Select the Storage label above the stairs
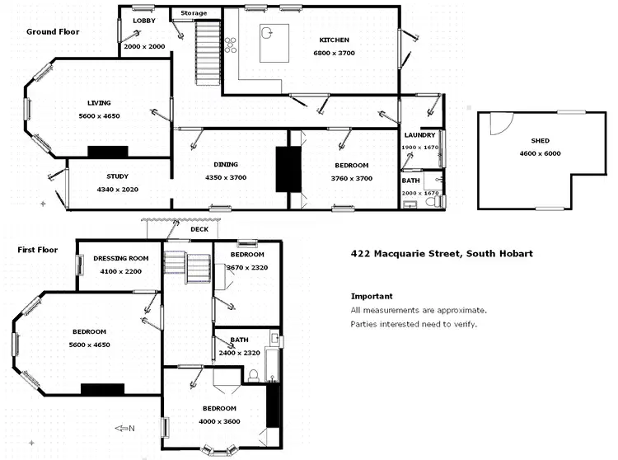tap(194, 13)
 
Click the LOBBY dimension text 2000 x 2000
tap(144, 47)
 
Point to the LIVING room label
tap(99, 103)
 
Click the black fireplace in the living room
tap(108, 151)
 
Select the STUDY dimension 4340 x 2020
tap(117, 190)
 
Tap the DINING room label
tap(226, 165)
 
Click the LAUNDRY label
tap(419, 135)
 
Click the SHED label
tap(539, 140)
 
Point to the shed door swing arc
tap(498, 124)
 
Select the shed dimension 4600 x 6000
tap(539, 153)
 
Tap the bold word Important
tap(371, 296)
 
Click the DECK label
tap(199, 230)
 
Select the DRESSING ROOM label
tap(120, 258)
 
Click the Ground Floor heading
tap(51, 32)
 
